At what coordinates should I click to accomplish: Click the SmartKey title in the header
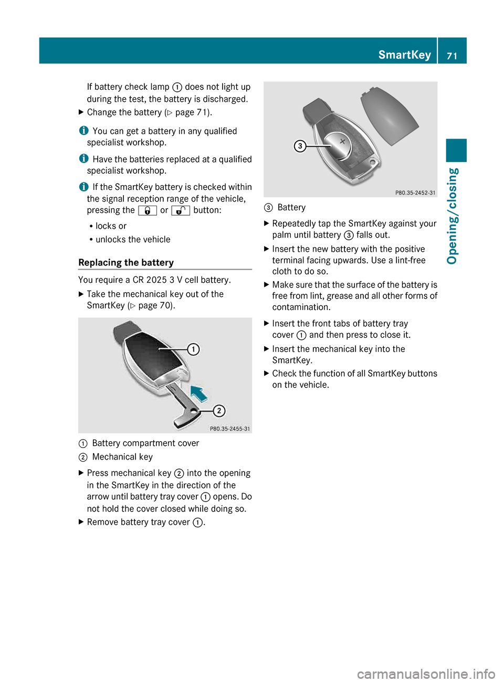404,55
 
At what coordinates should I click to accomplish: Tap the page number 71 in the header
452,56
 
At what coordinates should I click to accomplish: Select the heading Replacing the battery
126,262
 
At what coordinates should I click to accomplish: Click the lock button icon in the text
148,210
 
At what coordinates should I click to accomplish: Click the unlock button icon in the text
181,210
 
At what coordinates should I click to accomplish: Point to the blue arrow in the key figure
199,393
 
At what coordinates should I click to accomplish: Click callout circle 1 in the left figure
193,349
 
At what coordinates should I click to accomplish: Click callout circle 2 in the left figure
219,411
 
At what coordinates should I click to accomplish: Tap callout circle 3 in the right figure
300,146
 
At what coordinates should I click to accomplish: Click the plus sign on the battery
342,141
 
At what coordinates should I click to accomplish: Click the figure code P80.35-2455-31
230,429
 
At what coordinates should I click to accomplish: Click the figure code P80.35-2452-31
415,193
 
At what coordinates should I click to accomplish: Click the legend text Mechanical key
122,457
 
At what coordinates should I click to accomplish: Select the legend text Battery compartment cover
145,443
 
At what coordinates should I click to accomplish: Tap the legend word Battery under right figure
291,207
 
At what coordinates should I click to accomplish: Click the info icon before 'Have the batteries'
83,158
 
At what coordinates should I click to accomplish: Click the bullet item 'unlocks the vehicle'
133,239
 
